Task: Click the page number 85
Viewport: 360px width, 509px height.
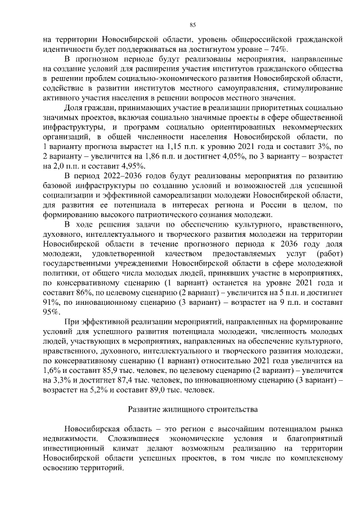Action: (192, 25)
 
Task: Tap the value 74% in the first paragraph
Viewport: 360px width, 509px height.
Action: (280, 49)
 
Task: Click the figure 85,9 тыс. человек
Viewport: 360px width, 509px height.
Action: (130, 371)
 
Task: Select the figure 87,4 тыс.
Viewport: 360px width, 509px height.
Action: (120, 381)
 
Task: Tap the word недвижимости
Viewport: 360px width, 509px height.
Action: (67, 437)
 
